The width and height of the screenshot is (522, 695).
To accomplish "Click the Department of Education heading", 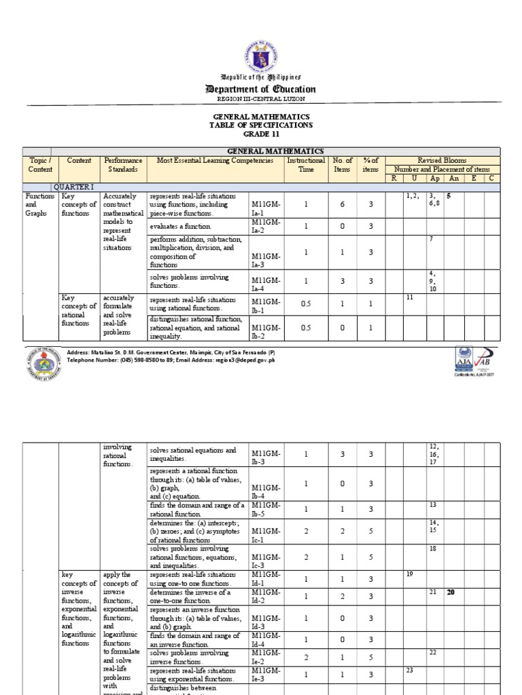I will pyautogui.click(x=262, y=89).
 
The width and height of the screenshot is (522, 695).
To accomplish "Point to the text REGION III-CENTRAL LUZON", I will pyautogui.click(x=262, y=99).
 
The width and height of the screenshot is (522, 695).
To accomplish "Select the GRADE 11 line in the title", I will pyautogui.click(x=262, y=134).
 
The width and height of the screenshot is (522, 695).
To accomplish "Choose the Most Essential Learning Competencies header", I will pyautogui.click(x=215, y=161).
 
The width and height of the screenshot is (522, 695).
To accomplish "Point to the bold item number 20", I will pyautogui.click(x=450, y=593).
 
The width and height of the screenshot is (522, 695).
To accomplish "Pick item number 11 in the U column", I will pyautogui.click(x=410, y=297).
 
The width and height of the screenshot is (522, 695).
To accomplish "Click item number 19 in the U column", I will pyautogui.click(x=410, y=574).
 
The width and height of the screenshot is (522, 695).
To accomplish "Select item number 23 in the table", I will pyautogui.click(x=410, y=670).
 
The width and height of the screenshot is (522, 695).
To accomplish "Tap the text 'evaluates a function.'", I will pyautogui.click(x=181, y=226).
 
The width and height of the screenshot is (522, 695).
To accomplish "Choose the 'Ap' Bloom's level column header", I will pyautogui.click(x=434, y=178).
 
